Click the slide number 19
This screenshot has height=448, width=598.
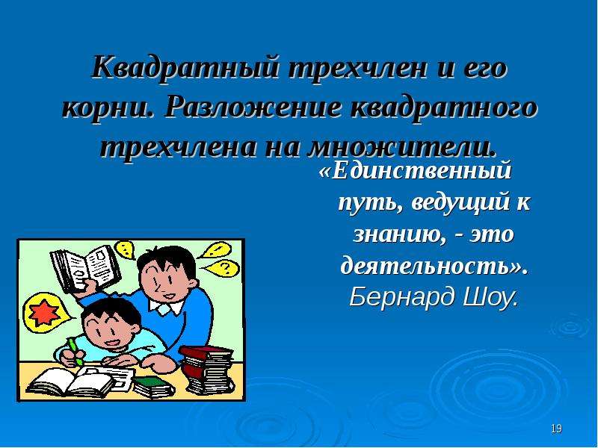pos(556,429)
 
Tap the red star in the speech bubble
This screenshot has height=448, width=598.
pos(44,312)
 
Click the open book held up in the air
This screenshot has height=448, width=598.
pos(85,269)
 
